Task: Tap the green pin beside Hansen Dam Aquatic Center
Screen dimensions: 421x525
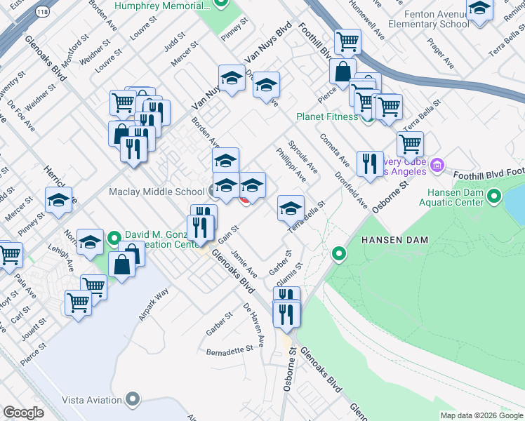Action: click(493, 196)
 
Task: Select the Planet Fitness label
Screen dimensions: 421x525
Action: click(326, 116)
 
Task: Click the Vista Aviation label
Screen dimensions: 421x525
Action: click(92, 400)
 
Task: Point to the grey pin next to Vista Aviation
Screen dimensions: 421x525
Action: click(133, 400)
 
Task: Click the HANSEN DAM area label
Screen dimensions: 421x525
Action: click(394, 240)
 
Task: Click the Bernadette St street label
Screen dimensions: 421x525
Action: click(230, 349)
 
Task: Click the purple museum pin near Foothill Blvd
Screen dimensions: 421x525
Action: click(437, 166)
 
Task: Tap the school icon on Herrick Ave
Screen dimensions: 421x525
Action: click(58, 201)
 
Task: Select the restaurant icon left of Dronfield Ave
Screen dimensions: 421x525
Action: click(369, 164)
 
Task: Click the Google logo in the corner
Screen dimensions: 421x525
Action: click(23, 413)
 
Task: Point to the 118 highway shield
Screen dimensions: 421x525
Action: click(43, 12)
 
